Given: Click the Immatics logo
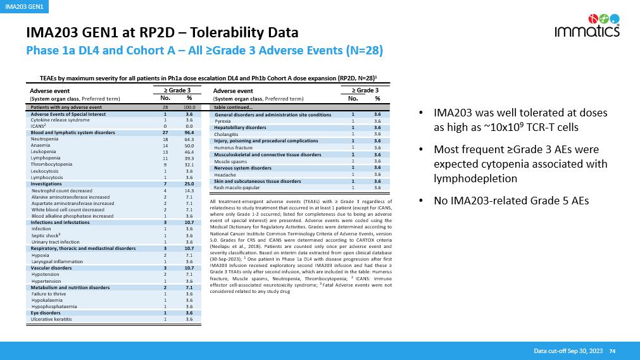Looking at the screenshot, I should click(587, 25).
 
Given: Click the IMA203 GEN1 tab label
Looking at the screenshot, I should click(21, 6).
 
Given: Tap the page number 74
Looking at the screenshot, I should click(612, 351).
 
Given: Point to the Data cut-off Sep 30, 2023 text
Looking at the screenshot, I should click(567, 351).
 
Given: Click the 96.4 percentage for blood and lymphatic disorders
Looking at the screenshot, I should click(189, 133).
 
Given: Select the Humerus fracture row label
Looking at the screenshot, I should click(233, 147).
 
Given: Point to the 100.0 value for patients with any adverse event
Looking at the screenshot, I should click(189, 108).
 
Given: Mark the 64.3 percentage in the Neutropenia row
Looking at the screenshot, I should click(189, 139).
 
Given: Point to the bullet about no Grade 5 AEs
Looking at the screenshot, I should click(511, 201).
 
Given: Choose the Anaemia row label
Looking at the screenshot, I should click(41, 146).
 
